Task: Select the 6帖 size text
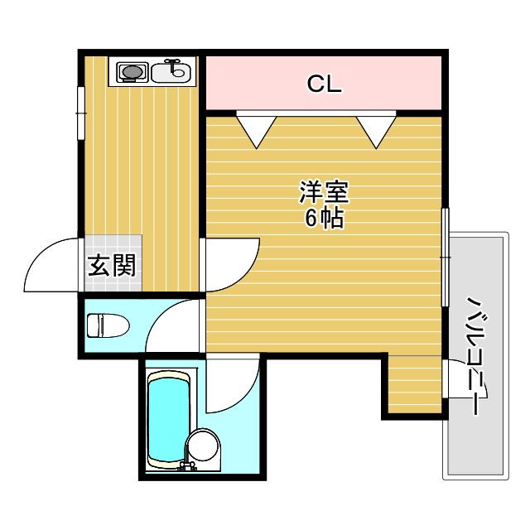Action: pos(324,219)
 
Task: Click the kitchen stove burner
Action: pos(132,73)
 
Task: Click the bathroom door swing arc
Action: pos(232,383)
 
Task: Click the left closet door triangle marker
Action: pos(257,129)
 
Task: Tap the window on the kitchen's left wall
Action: pos(81,112)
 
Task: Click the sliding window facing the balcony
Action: pos(446,257)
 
